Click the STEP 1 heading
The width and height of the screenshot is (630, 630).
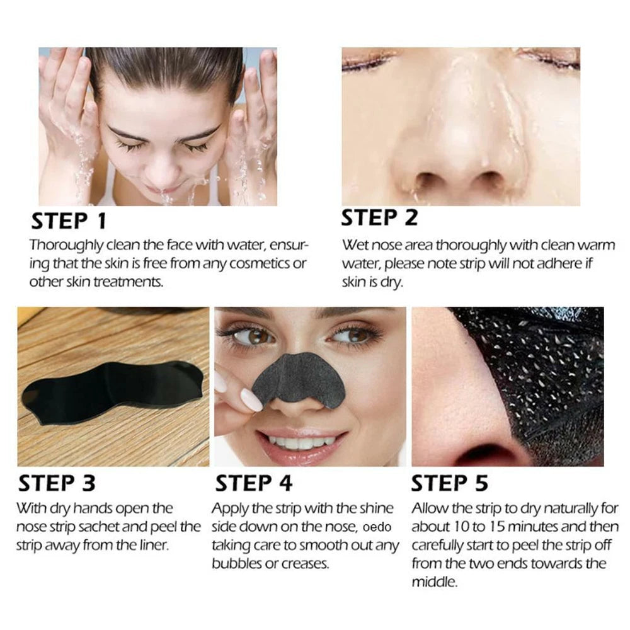pos(69,221)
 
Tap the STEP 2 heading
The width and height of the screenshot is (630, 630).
pos(379,217)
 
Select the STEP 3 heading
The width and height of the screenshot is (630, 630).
pos(57,483)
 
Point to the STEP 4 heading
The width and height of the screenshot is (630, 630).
pos(254,483)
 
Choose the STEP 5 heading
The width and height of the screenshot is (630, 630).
pos(450,483)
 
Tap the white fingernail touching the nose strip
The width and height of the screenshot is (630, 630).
pos(250,399)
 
